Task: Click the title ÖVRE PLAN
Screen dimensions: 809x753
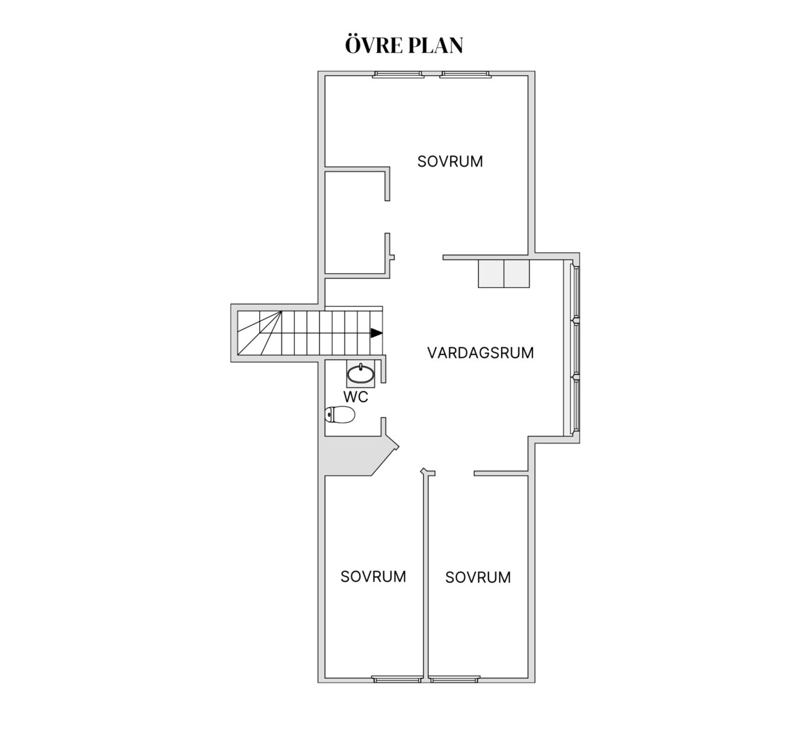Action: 404,45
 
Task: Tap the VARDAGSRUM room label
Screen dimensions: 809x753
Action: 480,353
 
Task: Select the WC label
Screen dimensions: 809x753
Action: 356,397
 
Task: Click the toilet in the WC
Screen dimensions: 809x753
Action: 341,414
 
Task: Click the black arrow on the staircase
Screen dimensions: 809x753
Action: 377,333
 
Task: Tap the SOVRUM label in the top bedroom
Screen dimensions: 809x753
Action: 450,162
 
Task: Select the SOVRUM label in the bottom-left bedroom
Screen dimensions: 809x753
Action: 373,577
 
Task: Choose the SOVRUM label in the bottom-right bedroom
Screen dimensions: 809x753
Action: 478,577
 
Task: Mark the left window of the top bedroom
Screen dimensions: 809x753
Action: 398,75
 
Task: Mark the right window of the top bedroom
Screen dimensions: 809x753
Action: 465,75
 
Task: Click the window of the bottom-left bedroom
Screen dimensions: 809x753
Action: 397,680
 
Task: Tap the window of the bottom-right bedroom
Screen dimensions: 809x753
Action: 455,680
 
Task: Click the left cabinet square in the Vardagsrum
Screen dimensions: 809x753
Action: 491,273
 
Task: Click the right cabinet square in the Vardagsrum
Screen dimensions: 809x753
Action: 516,273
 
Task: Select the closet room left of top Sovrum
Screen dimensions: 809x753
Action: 355,222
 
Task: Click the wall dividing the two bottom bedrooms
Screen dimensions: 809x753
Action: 426,575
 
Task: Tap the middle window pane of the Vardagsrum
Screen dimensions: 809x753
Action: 576,348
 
